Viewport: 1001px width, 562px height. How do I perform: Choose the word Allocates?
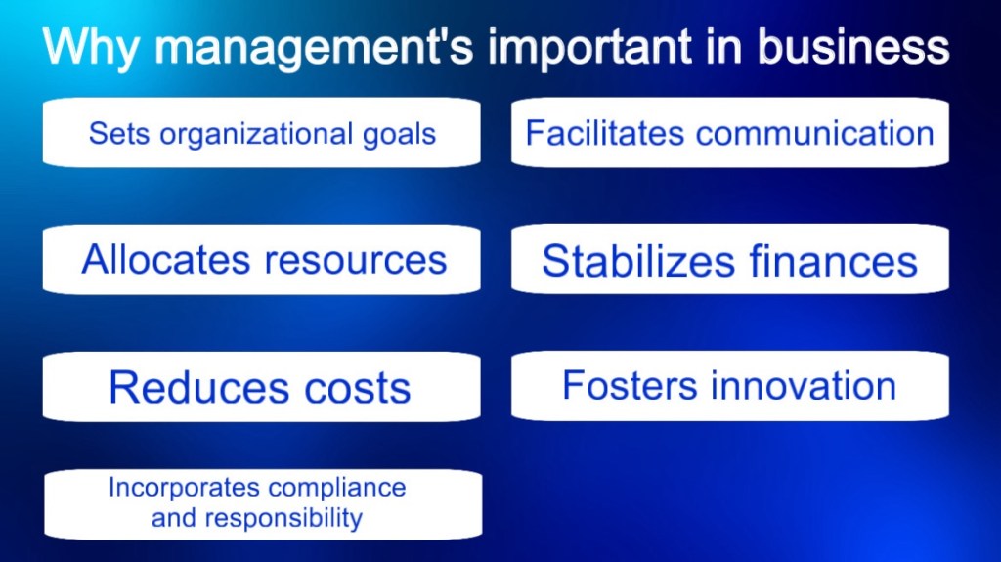[167, 260]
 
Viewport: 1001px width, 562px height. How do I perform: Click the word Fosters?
[630, 385]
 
